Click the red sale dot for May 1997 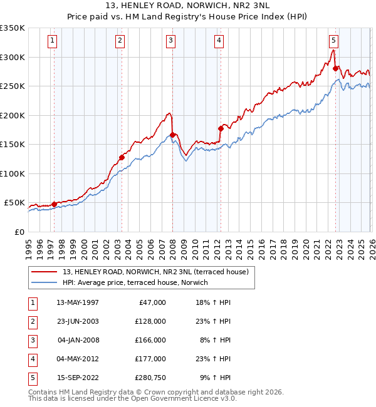[54, 204]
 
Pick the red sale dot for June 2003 [122, 157]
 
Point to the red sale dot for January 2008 [172, 135]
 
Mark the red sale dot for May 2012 [220, 128]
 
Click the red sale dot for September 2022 [335, 68]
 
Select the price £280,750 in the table [150, 378]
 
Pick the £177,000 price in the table [150, 359]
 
